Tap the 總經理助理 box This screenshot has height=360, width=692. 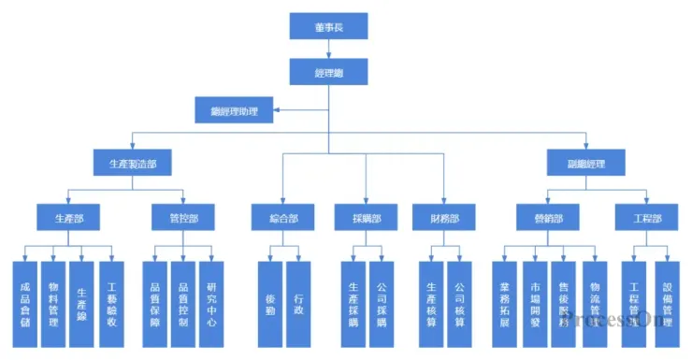pyautogui.click(x=234, y=111)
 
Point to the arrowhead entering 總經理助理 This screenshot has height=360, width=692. pyautogui.click(x=278, y=111)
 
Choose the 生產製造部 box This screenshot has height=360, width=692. pyautogui.click(x=132, y=163)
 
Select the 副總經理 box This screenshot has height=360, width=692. pyautogui.click(x=586, y=163)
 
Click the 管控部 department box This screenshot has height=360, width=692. pyautogui.click(x=183, y=218)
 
